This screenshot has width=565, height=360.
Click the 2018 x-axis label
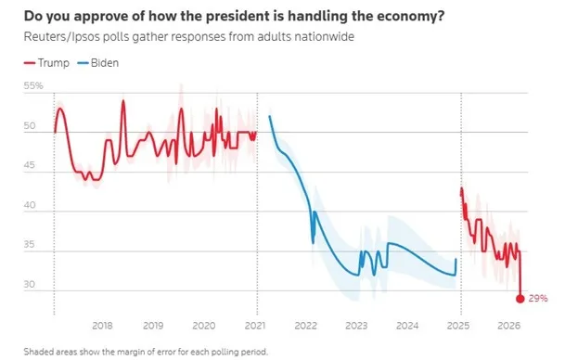(103, 327)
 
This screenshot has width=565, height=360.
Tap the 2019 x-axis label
(153, 327)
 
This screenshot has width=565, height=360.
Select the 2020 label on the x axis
(204, 327)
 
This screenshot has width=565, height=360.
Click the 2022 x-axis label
(306, 327)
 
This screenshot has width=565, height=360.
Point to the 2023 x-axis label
(356, 327)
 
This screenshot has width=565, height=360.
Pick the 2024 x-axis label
(407, 327)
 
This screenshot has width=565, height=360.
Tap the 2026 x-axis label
(508, 327)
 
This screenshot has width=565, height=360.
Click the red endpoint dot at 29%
(520, 298)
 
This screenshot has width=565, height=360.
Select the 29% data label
(538, 299)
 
